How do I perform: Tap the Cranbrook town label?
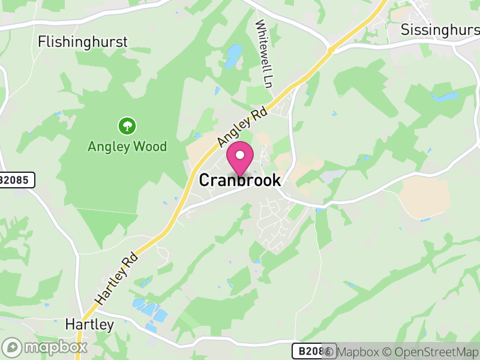tap(239, 180)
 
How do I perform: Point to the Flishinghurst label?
tap(83, 41)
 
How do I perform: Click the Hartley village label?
tap(89, 325)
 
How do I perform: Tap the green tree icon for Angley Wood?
tap(127, 126)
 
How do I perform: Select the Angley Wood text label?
tap(127, 146)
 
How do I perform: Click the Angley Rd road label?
tap(242, 126)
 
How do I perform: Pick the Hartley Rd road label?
tap(116, 278)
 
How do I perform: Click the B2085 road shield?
tap(16, 179)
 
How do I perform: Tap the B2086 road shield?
tap(311, 351)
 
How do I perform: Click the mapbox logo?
tap(45, 347)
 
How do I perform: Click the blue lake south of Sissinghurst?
tap(445, 96)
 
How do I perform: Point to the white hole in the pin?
tap(240, 155)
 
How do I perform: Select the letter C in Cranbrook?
tap(204, 180)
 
